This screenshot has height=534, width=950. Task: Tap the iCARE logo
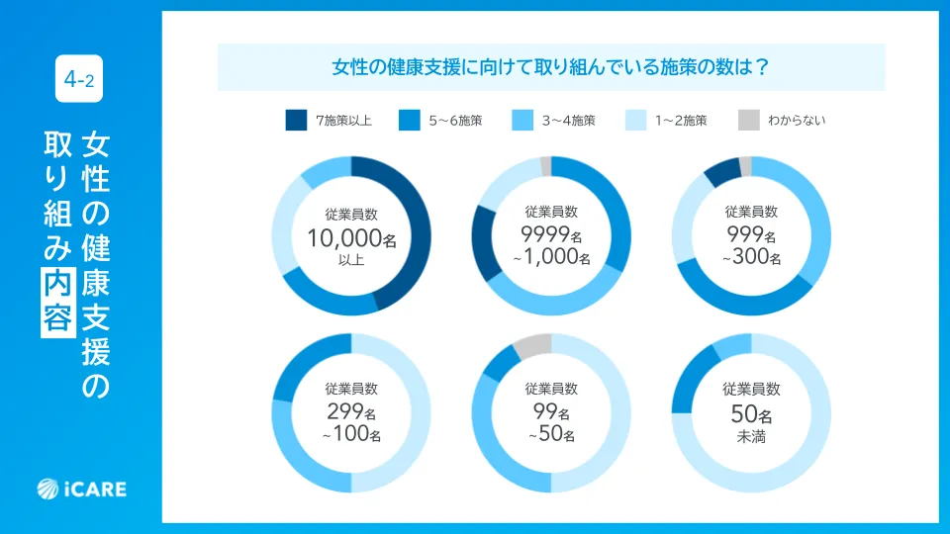82,488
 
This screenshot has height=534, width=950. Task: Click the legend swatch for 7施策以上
296,121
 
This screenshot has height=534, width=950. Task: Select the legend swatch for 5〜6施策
409,121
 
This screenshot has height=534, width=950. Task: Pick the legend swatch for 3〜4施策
522,121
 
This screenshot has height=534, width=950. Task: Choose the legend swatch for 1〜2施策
634,121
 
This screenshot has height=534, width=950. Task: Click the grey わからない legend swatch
748,121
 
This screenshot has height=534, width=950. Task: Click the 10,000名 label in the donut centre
351,237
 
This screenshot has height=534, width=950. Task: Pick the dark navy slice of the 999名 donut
720,172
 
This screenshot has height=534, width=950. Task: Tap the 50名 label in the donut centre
751,413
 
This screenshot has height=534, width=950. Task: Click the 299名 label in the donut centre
351,413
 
